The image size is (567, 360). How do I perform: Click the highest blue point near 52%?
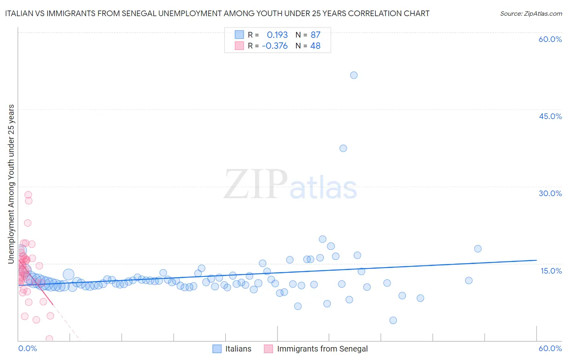(354, 75)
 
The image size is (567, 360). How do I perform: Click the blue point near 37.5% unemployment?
(343, 148)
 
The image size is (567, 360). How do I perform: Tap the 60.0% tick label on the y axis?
(550, 39)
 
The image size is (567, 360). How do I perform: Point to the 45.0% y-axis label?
(550, 116)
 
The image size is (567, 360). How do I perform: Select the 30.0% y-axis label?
(550, 193)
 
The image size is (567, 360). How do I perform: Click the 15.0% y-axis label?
(551, 271)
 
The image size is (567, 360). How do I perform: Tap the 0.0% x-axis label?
(27, 349)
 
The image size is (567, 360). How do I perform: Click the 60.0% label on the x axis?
(550, 349)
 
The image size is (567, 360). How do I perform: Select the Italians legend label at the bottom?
(238, 349)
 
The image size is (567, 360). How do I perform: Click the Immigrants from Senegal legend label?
(322, 349)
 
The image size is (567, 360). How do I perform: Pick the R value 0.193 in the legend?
(277, 35)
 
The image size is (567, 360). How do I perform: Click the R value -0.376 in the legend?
(275, 46)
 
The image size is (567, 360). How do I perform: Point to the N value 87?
(315, 35)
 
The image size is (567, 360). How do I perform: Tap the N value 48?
(315, 46)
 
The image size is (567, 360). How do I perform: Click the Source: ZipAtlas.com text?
(531, 14)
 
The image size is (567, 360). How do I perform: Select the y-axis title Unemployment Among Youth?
(11, 184)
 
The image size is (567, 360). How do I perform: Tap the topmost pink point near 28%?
(28, 195)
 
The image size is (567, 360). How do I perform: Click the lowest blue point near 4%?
(393, 320)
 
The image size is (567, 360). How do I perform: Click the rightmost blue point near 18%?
(478, 249)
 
